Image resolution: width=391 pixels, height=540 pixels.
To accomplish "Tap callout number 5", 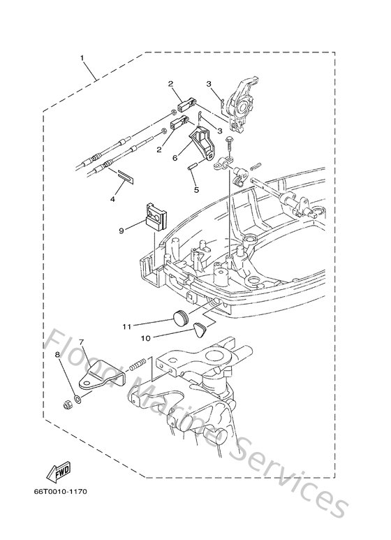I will tap(195, 189).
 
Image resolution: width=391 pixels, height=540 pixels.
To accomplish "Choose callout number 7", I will tap(81, 342).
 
